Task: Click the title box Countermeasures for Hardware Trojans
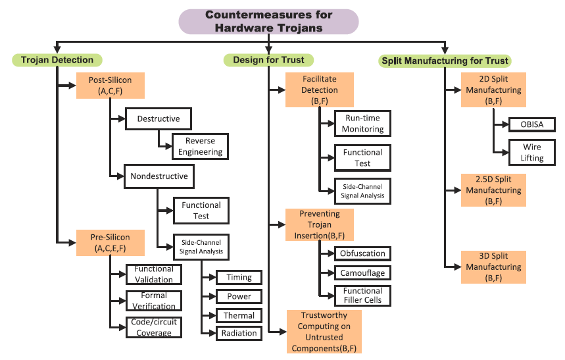(x=269, y=21)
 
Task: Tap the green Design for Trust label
(x=268, y=60)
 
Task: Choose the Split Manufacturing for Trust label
(x=445, y=61)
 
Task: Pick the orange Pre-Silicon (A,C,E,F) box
(x=110, y=242)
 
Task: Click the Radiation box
(x=239, y=333)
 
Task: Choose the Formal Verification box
(x=154, y=301)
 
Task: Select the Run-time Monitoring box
(x=362, y=124)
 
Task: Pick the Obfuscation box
(x=362, y=253)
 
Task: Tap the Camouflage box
(x=362, y=272)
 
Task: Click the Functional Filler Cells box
(x=362, y=296)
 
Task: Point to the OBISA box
(x=531, y=124)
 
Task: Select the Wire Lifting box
(x=531, y=153)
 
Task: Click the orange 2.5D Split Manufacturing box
(x=493, y=190)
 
